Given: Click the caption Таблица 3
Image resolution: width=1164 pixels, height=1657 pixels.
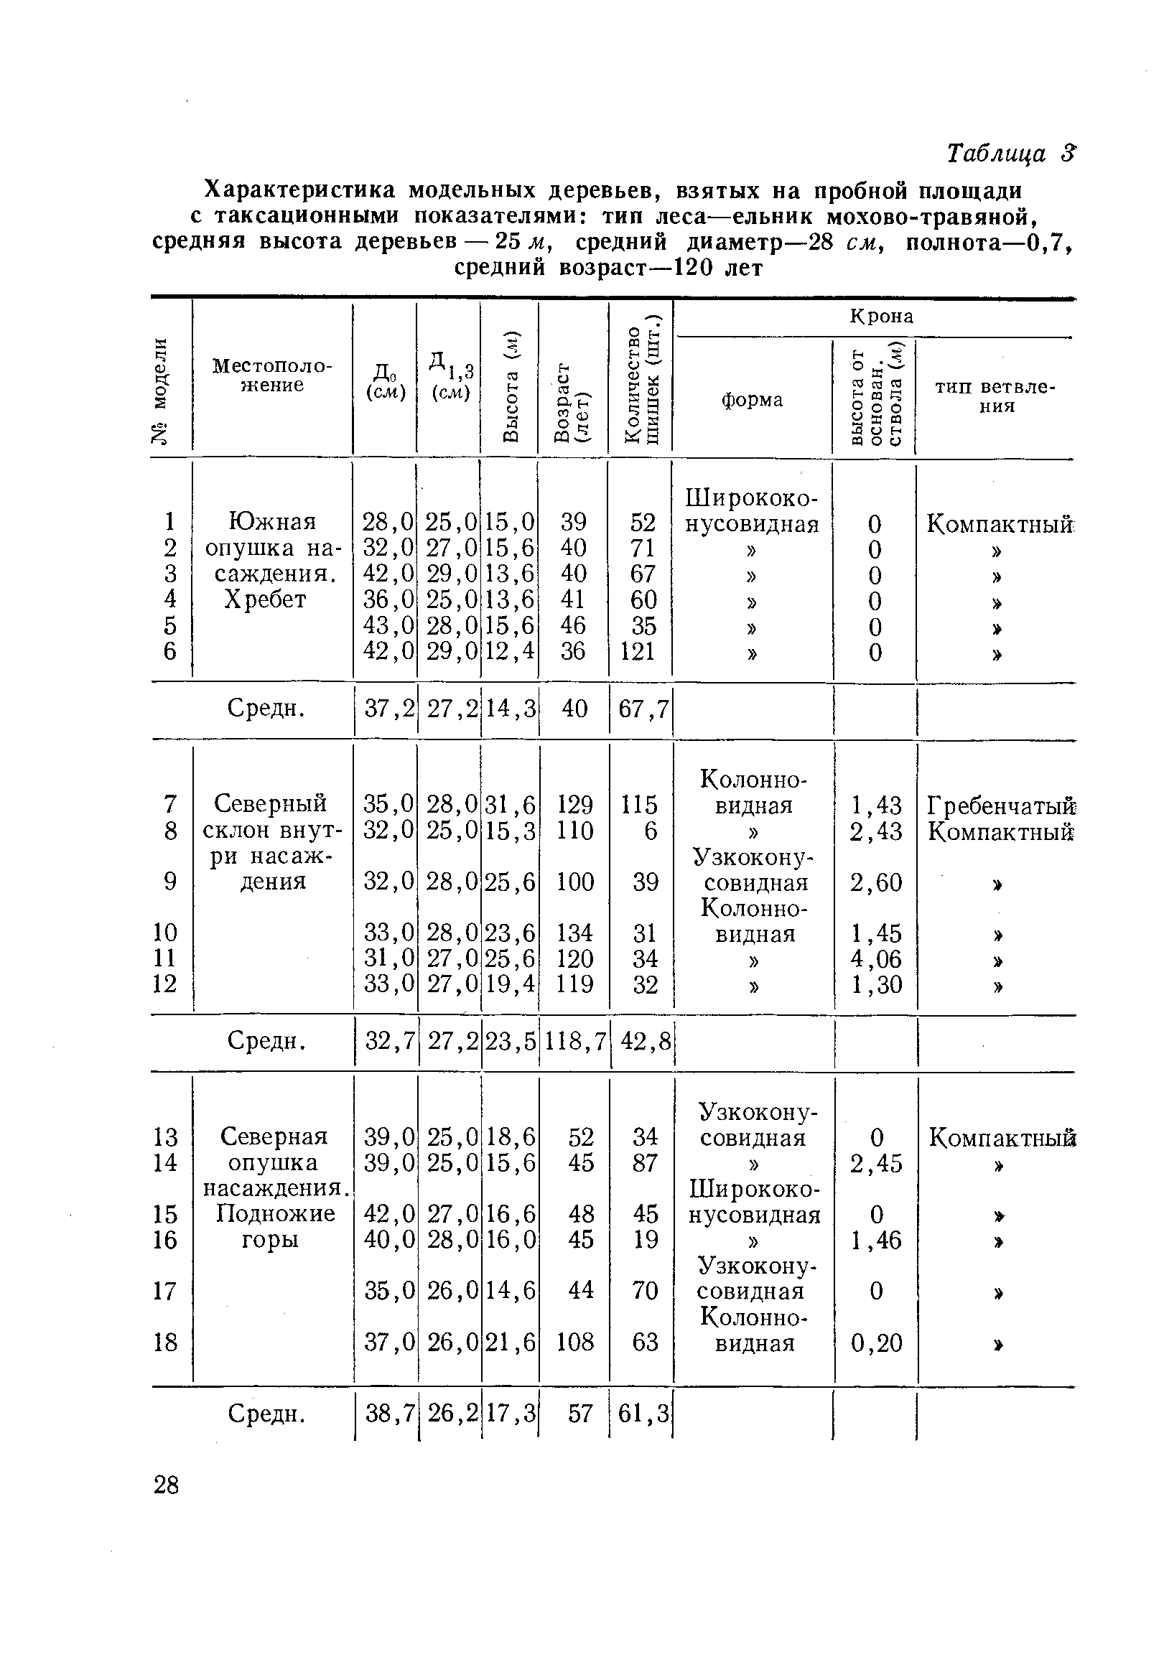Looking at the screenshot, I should (x=1010, y=154).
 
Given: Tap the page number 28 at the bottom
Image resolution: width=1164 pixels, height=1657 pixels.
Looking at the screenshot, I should (x=166, y=1485).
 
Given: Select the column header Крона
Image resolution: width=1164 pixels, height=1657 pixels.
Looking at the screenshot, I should (x=881, y=316).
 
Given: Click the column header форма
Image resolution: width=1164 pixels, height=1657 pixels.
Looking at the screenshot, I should (x=752, y=400).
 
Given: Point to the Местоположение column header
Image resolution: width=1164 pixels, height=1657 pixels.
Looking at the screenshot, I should (x=272, y=375).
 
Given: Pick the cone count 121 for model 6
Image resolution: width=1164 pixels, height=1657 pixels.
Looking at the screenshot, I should (x=638, y=651).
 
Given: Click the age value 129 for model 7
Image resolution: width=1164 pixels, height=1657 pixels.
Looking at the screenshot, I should (x=574, y=804).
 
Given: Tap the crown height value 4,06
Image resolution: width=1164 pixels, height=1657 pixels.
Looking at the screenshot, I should (x=875, y=958).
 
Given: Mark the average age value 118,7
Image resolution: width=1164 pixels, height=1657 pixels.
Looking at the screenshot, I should (x=574, y=1041).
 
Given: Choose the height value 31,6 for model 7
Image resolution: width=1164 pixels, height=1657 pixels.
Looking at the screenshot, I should (x=510, y=804).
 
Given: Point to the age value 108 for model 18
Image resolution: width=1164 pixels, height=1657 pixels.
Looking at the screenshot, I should (x=575, y=1343).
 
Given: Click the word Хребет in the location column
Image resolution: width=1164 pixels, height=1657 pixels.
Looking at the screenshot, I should (x=266, y=599).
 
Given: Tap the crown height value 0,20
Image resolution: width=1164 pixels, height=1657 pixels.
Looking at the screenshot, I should (x=876, y=1343).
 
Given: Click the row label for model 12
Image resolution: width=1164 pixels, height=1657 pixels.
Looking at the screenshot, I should (x=164, y=984).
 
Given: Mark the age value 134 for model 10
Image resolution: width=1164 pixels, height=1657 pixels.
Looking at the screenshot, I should (x=575, y=933).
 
